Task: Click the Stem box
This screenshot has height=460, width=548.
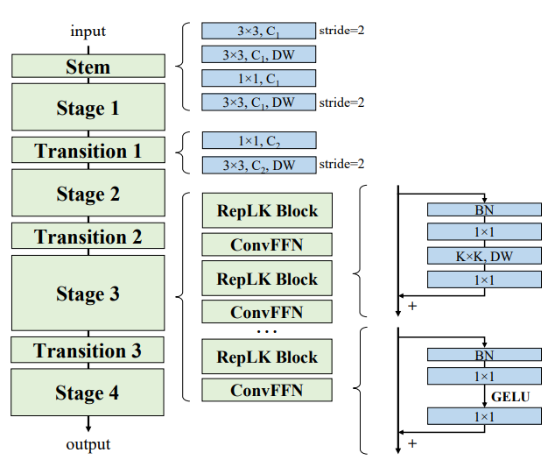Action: (x=88, y=66)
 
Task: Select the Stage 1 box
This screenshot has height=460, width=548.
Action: (x=88, y=108)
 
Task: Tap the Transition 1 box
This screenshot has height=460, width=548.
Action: (x=88, y=151)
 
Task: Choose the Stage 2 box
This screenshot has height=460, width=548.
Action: (x=88, y=194)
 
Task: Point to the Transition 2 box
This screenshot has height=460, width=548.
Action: (x=88, y=237)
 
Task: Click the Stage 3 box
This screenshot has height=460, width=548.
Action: (x=88, y=294)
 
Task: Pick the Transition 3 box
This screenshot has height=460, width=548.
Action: (x=88, y=350)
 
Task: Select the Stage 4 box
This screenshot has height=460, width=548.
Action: (x=88, y=393)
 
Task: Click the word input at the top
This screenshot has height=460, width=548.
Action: (x=88, y=32)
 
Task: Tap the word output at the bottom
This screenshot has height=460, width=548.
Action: (x=88, y=444)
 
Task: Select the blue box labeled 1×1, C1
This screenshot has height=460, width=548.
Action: (x=258, y=78)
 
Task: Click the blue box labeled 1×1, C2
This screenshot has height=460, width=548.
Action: (x=258, y=140)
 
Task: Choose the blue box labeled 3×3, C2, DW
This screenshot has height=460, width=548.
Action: (x=258, y=164)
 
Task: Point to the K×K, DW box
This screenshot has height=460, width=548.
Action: (x=484, y=255)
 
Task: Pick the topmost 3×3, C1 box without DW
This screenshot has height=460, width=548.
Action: (x=258, y=31)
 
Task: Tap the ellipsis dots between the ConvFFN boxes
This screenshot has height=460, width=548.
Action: (x=267, y=330)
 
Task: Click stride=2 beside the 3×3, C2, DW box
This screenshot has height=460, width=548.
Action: (x=341, y=164)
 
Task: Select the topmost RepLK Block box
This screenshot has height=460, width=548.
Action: (x=267, y=211)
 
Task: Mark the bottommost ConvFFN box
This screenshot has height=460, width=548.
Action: (x=267, y=389)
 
